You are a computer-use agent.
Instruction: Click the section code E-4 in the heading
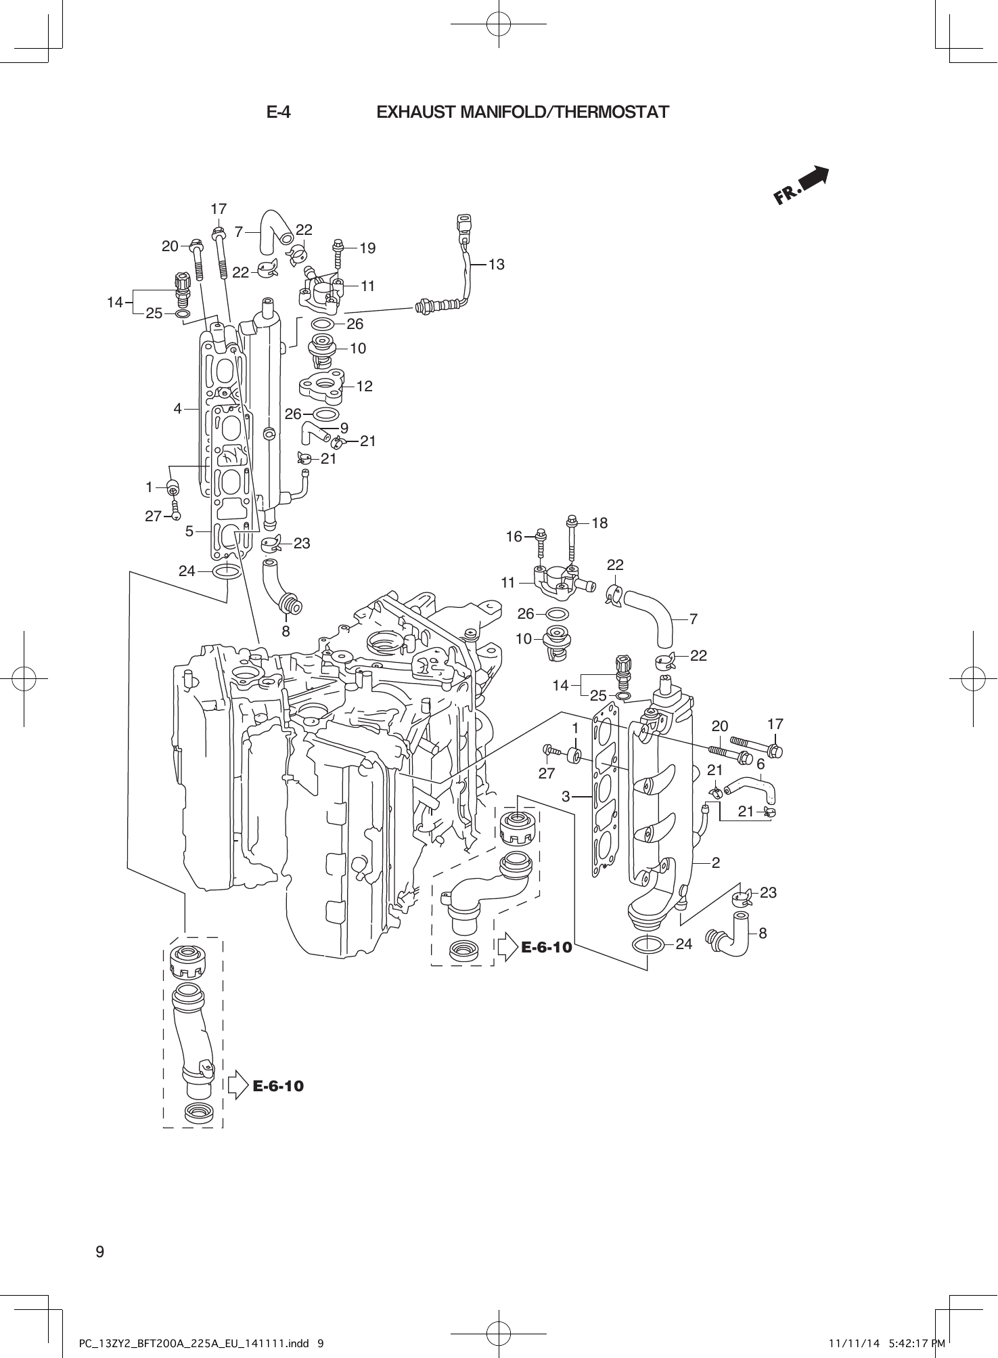coord(278,112)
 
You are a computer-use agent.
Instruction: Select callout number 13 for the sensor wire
coord(496,265)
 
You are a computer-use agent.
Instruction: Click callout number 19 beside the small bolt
coord(367,248)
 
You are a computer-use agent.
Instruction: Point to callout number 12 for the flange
coord(364,387)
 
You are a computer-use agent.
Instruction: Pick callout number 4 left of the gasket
coord(177,408)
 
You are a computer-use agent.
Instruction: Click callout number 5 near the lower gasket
coord(190,531)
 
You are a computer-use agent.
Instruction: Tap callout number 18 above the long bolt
coord(599,523)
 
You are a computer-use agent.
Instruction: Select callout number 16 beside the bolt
coord(514,537)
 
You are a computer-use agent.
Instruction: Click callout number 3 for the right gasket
coord(566,797)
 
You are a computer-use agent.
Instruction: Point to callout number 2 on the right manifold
coord(716,862)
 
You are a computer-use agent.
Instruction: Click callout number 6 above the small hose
coord(761,764)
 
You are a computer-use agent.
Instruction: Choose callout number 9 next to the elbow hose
coord(344,428)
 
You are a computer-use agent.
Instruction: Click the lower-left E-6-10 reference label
coord(278,1087)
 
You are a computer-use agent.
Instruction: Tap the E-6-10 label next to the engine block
coord(547,947)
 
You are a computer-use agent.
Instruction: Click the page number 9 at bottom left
coord(100,1252)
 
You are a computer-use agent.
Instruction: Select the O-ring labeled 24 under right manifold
coord(646,944)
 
